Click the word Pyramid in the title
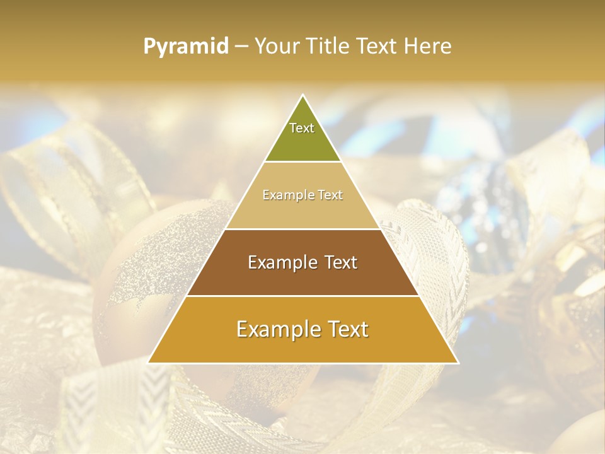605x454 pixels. (186, 47)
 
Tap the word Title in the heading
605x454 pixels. (329, 46)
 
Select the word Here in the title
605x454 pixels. (429, 46)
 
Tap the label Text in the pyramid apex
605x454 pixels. (302, 128)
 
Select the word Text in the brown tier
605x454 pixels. (338, 262)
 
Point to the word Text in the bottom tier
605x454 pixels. (345, 329)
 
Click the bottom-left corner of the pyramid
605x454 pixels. (149, 363)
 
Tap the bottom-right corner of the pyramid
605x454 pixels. (457, 363)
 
